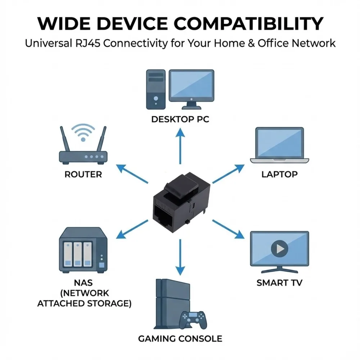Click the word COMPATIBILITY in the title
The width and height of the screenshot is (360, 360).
coord(248,23)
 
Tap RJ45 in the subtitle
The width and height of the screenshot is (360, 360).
coord(88,43)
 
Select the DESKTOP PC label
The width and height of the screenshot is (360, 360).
coord(180,120)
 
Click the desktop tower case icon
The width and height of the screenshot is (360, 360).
coord(156,89)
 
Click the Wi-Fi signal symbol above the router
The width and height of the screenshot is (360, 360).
coord(83,132)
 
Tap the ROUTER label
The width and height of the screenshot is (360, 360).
coord(83,175)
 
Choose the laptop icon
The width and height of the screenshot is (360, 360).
coord(279,145)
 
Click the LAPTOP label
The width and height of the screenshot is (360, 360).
coord(279,175)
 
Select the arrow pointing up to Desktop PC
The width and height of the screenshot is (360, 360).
coord(180,146)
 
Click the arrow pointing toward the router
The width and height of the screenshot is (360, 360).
coord(132,174)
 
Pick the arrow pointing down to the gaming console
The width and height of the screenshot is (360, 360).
coord(180,257)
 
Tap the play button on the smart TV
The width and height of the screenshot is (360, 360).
coord(279,249)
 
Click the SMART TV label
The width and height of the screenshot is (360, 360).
coord(279,283)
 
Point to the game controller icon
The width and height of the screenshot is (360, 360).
coord(193,320)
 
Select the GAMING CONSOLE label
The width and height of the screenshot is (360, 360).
coord(180,339)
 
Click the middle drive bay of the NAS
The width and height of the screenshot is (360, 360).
coord(78,255)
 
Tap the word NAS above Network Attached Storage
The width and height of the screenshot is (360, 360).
coord(83,283)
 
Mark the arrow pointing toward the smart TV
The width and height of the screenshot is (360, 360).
coord(228,229)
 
